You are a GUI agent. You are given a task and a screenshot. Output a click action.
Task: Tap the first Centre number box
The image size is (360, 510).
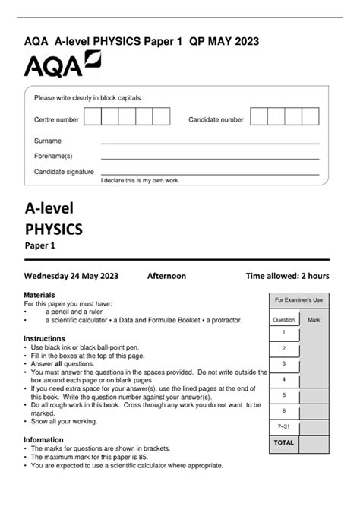93,116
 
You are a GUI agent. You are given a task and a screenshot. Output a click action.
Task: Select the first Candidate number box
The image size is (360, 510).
258,116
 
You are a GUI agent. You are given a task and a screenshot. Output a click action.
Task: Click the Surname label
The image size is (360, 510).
48,141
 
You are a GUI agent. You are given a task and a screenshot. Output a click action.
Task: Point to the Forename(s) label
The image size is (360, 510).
53,156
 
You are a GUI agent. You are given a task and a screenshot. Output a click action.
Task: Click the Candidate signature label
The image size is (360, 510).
64,172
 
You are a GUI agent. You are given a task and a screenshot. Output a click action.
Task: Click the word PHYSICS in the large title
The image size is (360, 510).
53,227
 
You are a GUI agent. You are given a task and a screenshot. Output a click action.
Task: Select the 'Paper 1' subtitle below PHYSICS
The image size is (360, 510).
40,245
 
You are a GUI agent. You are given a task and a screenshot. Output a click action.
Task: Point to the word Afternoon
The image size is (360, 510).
166,276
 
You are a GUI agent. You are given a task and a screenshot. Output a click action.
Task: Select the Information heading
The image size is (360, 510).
43,439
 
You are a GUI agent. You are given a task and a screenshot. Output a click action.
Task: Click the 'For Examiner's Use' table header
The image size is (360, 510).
298,300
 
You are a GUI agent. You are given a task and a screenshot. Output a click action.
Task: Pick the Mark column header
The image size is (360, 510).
314,320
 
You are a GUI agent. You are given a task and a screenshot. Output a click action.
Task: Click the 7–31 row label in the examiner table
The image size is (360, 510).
283,426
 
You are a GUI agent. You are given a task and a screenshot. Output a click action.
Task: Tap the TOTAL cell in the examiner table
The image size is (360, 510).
283,442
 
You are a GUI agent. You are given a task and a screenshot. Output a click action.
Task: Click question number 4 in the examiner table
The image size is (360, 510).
283,379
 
